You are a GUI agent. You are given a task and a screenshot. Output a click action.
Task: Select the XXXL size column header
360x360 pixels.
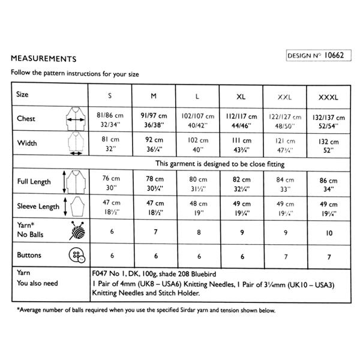pyautogui.click(x=327, y=96)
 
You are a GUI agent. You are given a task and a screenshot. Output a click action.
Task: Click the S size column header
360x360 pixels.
pyautogui.click(x=110, y=96)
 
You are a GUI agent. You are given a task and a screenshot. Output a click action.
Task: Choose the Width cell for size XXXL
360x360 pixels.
pyautogui.click(x=327, y=145)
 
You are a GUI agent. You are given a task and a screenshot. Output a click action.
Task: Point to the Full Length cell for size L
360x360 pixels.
pyautogui.click(x=197, y=182)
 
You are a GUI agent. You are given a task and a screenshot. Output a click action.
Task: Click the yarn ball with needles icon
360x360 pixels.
pyautogui.click(x=76, y=231)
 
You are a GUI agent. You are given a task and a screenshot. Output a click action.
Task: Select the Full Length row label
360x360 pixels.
pyautogui.click(x=34, y=181)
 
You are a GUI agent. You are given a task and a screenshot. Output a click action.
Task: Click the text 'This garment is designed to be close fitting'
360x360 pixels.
pyautogui.click(x=220, y=164)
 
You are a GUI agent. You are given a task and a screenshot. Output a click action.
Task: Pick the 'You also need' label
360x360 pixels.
pyautogui.click(x=37, y=283)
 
